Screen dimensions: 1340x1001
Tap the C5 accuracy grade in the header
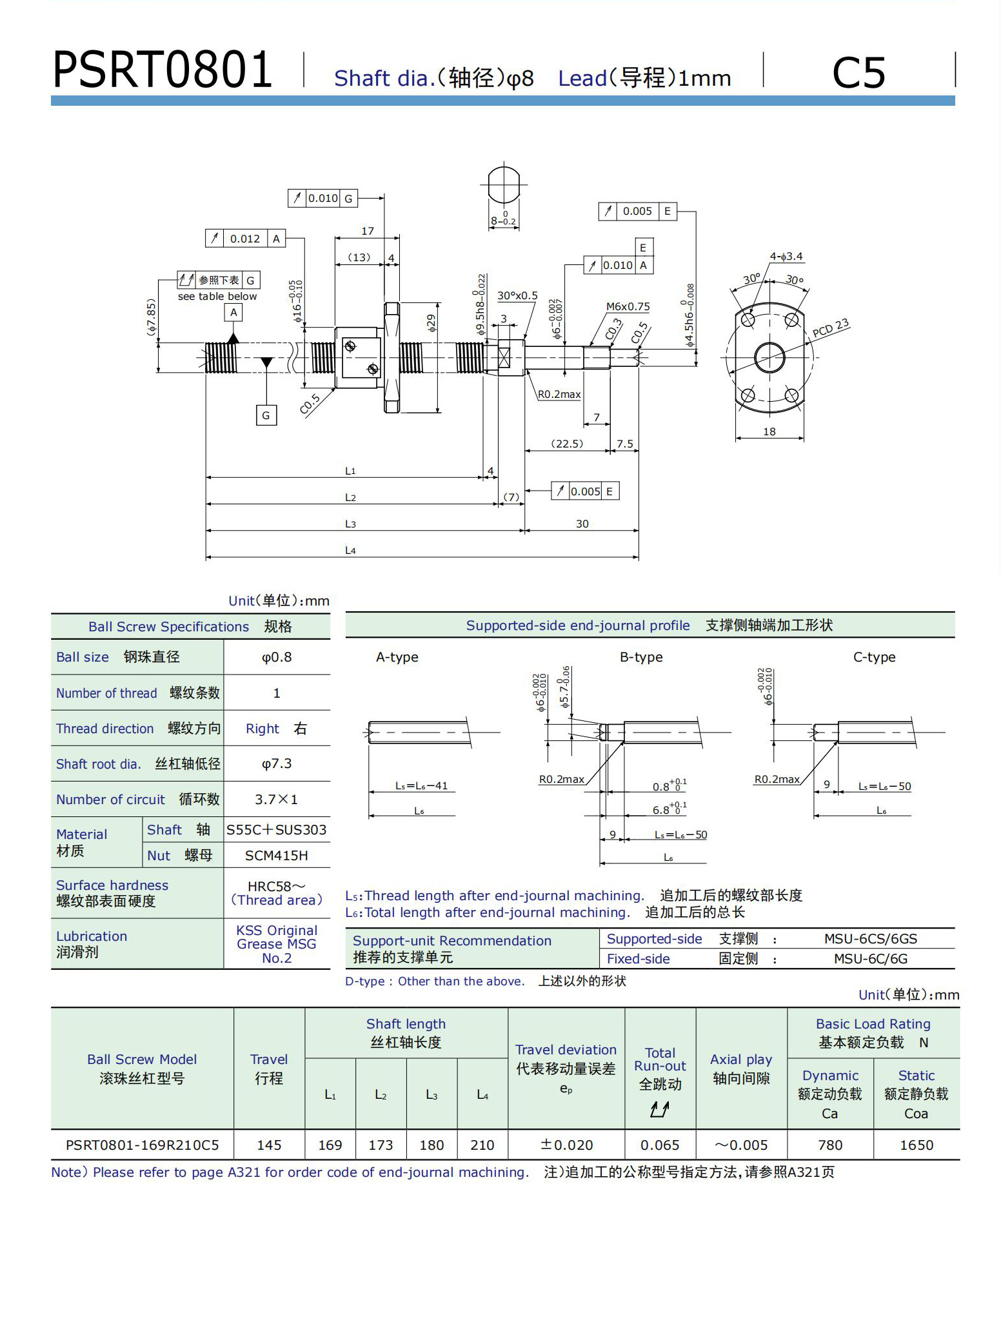[x=858, y=72]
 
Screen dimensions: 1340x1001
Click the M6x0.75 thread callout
[x=628, y=307]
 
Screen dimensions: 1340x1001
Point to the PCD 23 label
[x=831, y=328]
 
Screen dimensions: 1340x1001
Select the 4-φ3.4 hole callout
[x=786, y=257]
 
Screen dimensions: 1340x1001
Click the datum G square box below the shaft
[x=266, y=415]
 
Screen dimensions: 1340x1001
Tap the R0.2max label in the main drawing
[x=559, y=395]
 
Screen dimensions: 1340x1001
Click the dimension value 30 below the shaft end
[x=582, y=524]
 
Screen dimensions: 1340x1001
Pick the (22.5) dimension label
[x=567, y=444]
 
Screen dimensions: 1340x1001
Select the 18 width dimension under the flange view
[x=769, y=431]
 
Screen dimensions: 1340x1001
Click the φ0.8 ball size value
[x=277, y=657]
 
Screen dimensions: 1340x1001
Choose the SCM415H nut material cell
[x=277, y=856]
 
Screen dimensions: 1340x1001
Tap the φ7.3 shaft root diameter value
[x=277, y=764]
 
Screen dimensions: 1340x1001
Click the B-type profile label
[x=641, y=657]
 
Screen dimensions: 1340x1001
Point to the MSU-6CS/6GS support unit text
[x=870, y=939]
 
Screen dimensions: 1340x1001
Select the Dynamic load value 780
[x=830, y=1145]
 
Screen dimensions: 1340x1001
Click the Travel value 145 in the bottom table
[x=269, y=1145]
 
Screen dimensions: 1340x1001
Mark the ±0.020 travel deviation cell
[x=566, y=1145]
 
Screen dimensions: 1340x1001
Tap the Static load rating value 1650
[x=917, y=1145]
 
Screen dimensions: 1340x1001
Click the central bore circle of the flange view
[x=769, y=357]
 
